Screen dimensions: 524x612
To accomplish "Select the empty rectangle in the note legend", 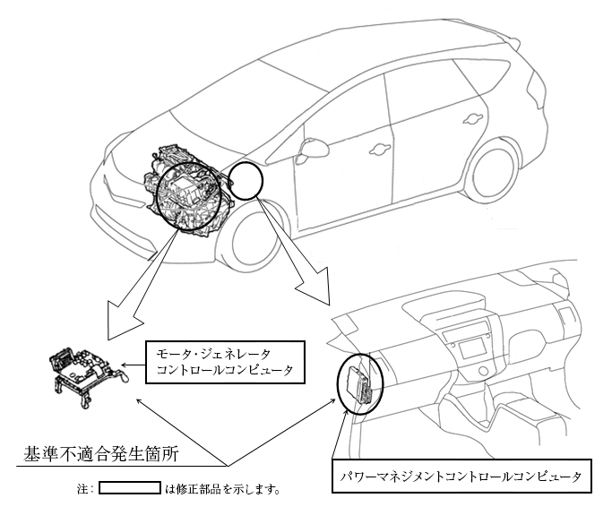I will (x=129, y=490).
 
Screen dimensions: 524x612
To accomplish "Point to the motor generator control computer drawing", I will (x=82, y=373).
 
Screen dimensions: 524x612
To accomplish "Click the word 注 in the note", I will (x=83, y=490).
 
